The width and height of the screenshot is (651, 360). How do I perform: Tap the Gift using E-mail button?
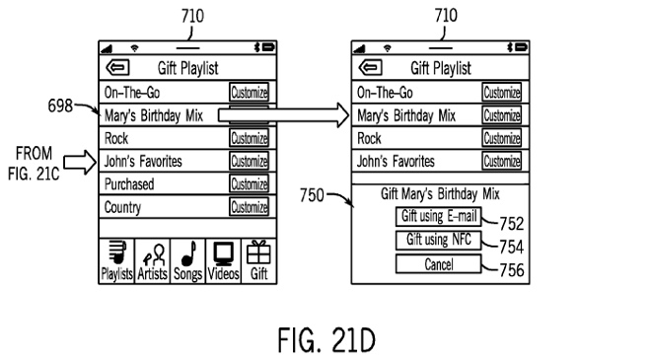(x=438, y=216)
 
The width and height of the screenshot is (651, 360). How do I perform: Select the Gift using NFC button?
(x=438, y=240)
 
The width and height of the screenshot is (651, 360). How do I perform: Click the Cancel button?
(x=438, y=264)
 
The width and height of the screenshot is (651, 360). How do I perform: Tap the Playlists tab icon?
(x=116, y=261)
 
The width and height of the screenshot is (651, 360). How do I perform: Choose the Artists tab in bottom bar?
(x=152, y=261)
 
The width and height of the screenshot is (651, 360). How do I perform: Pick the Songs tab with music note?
(x=187, y=261)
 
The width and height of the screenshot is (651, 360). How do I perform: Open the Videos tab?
(x=223, y=261)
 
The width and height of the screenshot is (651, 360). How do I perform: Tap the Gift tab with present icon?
(x=258, y=261)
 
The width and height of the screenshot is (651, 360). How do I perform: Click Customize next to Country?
(x=250, y=207)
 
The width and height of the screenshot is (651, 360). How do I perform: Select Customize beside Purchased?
(x=250, y=183)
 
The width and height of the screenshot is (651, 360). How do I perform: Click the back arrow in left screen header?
(x=117, y=68)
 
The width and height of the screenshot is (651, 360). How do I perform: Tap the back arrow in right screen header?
(x=370, y=68)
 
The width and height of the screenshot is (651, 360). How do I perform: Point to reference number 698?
(x=60, y=106)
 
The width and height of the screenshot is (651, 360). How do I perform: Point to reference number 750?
(x=312, y=195)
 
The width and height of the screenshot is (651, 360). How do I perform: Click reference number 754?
(x=512, y=247)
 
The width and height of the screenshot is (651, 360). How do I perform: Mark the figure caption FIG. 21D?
(x=326, y=340)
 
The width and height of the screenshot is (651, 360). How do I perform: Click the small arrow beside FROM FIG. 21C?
(x=80, y=162)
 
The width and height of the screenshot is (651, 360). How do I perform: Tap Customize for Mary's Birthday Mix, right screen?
(x=502, y=115)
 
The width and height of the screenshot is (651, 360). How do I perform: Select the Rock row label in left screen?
(x=116, y=138)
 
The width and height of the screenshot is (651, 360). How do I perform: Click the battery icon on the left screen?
(x=268, y=47)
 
